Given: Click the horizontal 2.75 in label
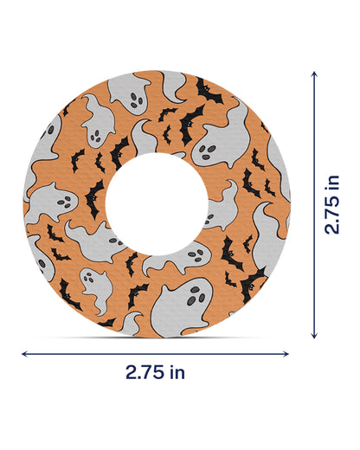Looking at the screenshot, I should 155,373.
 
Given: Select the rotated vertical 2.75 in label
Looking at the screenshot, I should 331,204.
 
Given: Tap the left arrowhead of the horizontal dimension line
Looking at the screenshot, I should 23,353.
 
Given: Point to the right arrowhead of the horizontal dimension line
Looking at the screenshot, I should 287,353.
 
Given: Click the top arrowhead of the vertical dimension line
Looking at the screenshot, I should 313,74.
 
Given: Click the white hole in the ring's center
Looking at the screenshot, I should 156,204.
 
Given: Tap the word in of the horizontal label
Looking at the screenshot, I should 177,373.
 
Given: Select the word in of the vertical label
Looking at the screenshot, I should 331,183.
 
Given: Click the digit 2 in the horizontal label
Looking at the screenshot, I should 131,373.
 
